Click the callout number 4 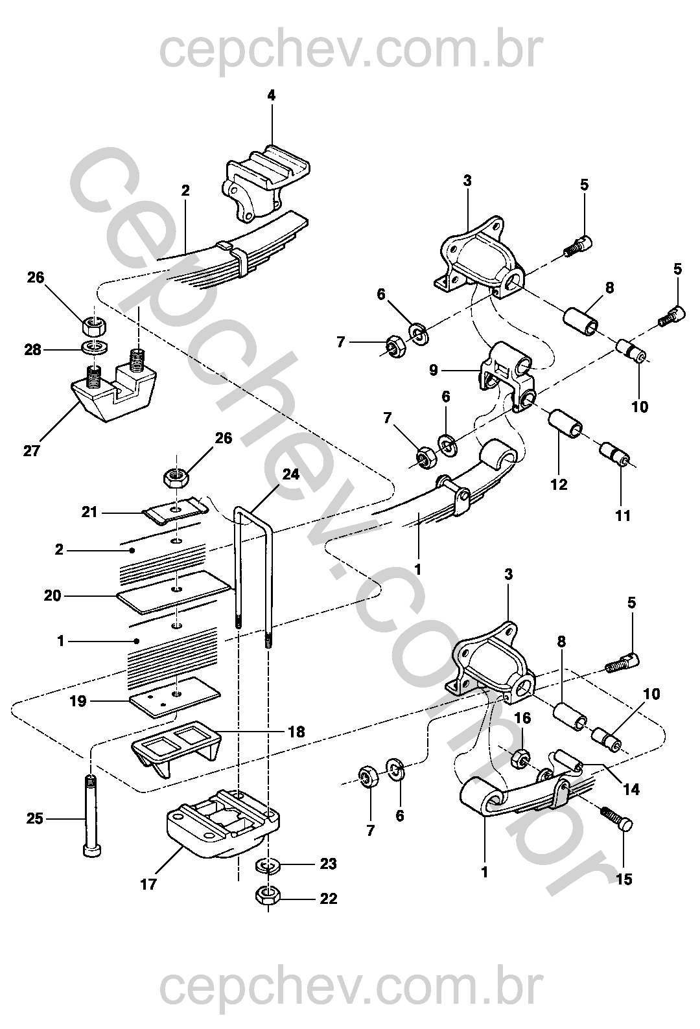coord(271,95)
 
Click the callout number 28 coord(33,349)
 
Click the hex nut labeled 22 coord(266,897)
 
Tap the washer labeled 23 coord(266,865)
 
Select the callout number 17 coord(148,883)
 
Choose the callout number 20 coord(52,595)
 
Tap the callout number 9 coord(434,370)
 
